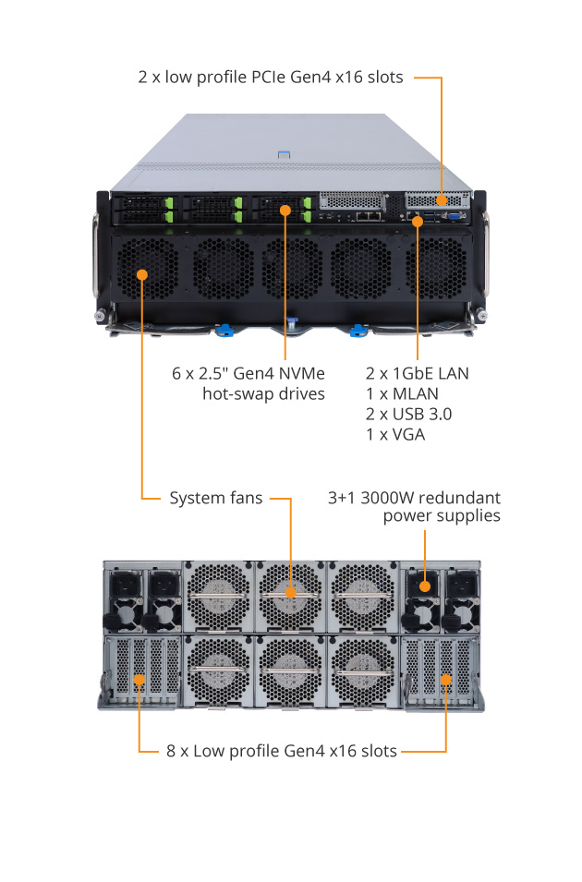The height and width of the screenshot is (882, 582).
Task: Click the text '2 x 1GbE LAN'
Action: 418,373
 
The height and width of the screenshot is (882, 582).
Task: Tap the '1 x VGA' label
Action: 395,433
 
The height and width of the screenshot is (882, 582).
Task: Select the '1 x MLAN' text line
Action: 403,393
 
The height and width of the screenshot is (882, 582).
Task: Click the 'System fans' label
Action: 215,498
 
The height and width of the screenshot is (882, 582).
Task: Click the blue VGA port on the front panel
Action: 455,217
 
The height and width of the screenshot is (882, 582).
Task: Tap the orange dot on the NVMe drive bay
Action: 285,211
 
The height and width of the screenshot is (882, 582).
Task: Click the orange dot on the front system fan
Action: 142,273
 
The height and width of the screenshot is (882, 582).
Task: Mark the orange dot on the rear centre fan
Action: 291,593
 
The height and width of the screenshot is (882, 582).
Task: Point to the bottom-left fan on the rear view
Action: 218,671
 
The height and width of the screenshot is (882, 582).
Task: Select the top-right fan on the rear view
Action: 362,596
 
